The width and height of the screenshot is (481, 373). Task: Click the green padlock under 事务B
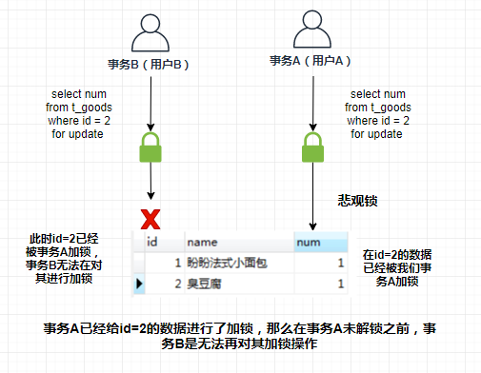click(150, 147)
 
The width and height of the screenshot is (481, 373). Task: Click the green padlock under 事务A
click(312, 148)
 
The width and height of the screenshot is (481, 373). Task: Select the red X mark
click(150, 221)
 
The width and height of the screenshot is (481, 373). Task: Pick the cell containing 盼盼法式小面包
click(238, 264)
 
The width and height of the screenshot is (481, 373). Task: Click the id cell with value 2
click(176, 284)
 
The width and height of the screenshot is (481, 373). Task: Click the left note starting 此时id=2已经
click(65, 258)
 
